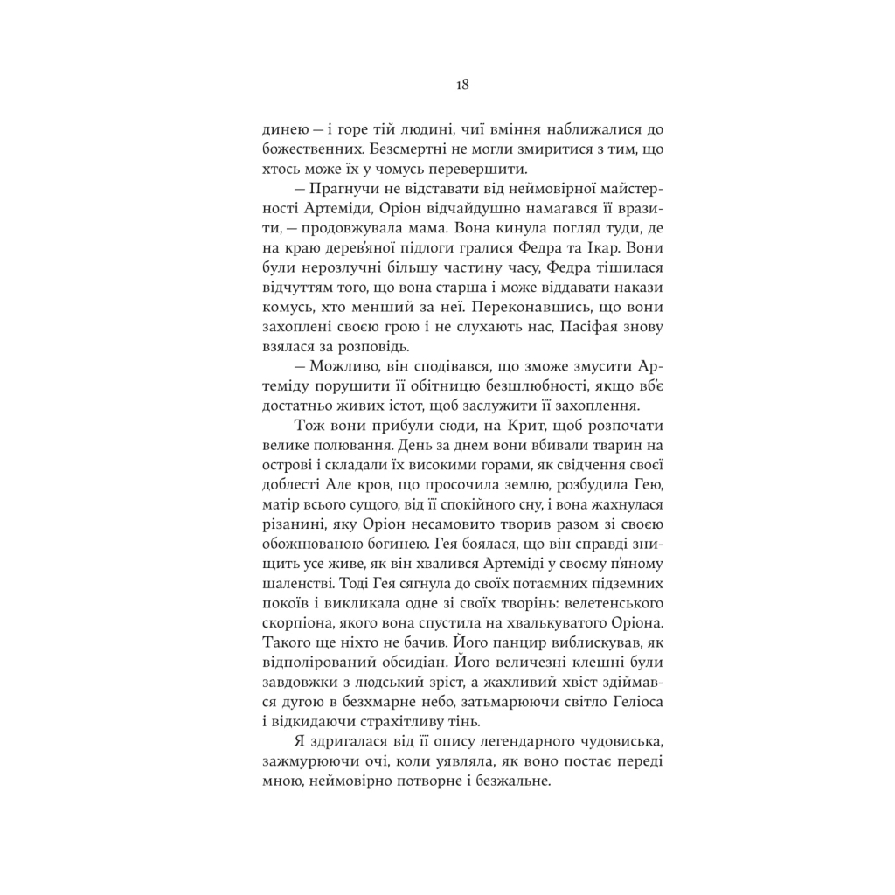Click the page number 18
462,86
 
